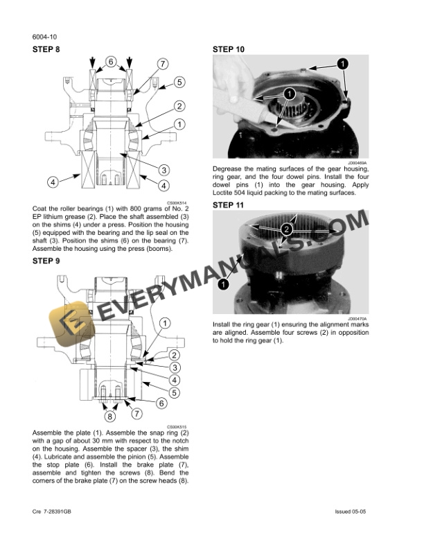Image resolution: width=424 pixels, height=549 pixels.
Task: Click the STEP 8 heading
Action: pyautogui.click(x=46, y=50)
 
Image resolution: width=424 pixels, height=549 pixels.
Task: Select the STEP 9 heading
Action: pyautogui.click(x=46, y=261)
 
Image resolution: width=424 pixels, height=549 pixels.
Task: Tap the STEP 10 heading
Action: pyautogui.click(x=228, y=50)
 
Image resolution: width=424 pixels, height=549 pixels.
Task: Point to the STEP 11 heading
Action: pyautogui.click(x=228, y=205)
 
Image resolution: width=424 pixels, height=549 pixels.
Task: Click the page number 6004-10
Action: pyautogui.click(x=44, y=36)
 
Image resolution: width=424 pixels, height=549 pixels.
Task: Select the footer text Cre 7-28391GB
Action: pyautogui.click(x=57, y=512)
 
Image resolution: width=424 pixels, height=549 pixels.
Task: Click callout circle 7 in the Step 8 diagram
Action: pyautogui.click(x=162, y=65)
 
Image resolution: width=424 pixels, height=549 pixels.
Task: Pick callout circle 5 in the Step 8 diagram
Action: pyautogui.click(x=178, y=82)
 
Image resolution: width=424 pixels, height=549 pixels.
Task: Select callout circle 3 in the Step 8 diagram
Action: pyautogui.click(x=164, y=169)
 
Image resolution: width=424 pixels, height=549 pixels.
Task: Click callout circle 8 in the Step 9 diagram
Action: pyautogui.click(x=109, y=417)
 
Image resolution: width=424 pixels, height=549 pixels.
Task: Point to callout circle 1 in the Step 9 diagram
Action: pyautogui.click(x=165, y=323)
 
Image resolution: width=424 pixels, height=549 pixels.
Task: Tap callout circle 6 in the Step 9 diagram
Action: pyautogui.click(x=161, y=403)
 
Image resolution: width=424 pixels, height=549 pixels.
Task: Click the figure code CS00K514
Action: pyautogui.click(x=178, y=202)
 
